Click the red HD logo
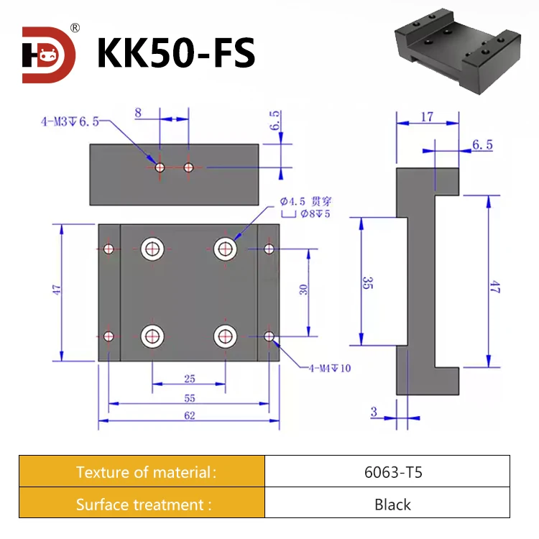pos(48,55)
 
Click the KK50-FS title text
pos(175,54)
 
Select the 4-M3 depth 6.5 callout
pos(69,121)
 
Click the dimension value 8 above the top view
pos(139,112)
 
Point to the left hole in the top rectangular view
pos(160,167)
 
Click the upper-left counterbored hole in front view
pos(152,249)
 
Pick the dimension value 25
pos(190,378)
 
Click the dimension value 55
pos(190,397)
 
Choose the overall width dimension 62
pos(190,415)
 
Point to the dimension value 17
pos(427,116)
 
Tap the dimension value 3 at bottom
pos(374,412)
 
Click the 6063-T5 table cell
pos(387,472)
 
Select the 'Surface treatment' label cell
pos(143,504)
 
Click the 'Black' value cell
pos(387,504)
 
